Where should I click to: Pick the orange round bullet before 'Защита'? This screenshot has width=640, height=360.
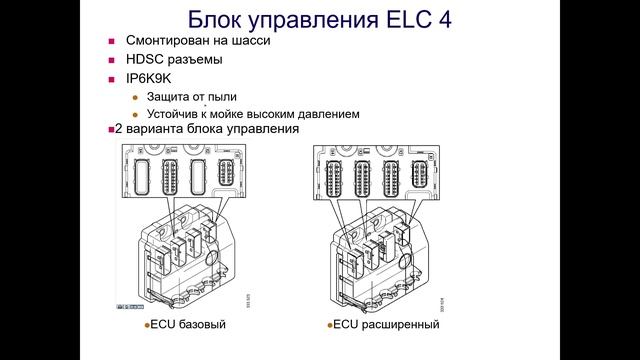pos(136,97)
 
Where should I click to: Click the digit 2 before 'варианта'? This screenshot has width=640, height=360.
pos(120,130)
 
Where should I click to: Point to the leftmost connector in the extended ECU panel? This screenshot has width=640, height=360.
pos(326,176)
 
